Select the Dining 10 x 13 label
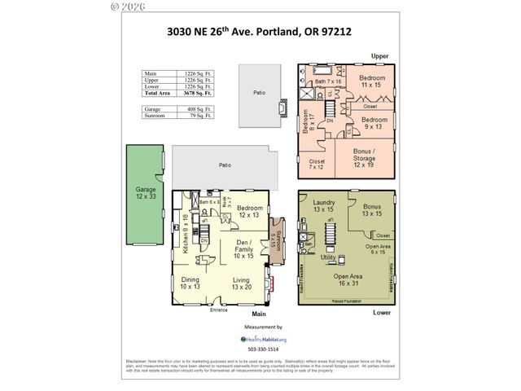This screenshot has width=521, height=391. (190, 283)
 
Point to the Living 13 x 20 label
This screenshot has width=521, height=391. (241, 283)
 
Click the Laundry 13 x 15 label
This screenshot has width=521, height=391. (324, 205)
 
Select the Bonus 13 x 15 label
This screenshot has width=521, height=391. (372, 209)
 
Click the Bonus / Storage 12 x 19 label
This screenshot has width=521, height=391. (364, 159)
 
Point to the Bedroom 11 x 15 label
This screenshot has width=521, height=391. (370, 81)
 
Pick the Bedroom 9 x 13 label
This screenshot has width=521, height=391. (373, 122)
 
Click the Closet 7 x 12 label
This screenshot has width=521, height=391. (317, 165)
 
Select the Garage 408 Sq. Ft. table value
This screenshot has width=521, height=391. (199, 108)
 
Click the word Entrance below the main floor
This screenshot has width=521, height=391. (219, 310)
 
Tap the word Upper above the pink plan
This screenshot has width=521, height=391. (379, 55)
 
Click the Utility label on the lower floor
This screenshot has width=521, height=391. (328, 257)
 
